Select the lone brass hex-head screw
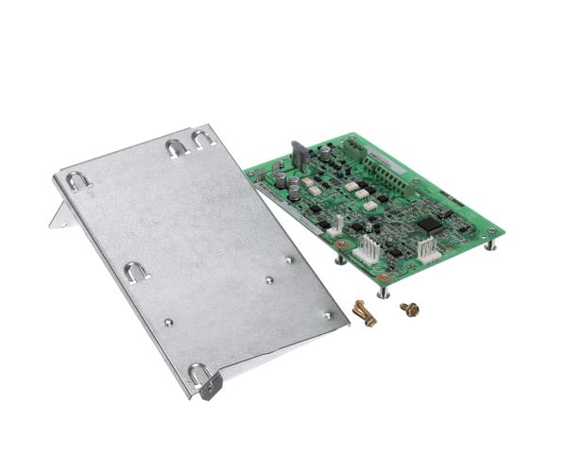[409, 309]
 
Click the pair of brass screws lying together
[364, 313]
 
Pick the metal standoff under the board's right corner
[490, 244]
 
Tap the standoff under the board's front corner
[382, 291]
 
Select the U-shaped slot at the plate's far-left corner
[77, 181]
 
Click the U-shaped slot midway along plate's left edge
[137, 273]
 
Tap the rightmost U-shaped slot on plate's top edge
[203, 140]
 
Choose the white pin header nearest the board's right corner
[427, 246]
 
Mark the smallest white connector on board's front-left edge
[335, 225]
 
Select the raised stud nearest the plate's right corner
[327, 314]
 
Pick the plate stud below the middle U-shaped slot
[168, 322]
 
